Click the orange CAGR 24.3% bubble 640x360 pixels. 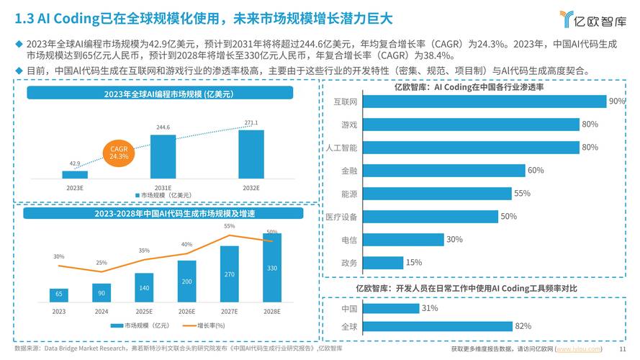pyautogui.click(x=119, y=152)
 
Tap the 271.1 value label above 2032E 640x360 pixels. pyautogui.click(x=251, y=122)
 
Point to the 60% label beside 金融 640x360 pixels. pyautogui.click(x=535, y=171)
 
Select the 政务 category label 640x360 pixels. pyautogui.click(x=349, y=263)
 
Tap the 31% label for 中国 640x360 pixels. pyautogui.click(x=430, y=308)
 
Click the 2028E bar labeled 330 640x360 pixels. pyautogui.click(x=272, y=268)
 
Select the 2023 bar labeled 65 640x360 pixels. pyautogui.click(x=59, y=295)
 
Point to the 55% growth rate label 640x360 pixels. pyautogui.click(x=229, y=226)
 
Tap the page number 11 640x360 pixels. pyautogui.click(x=623, y=349)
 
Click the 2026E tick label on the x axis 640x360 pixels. pyautogui.click(x=186, y=312)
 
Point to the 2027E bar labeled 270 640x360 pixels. pyautogui.click(x=230, y=274)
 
